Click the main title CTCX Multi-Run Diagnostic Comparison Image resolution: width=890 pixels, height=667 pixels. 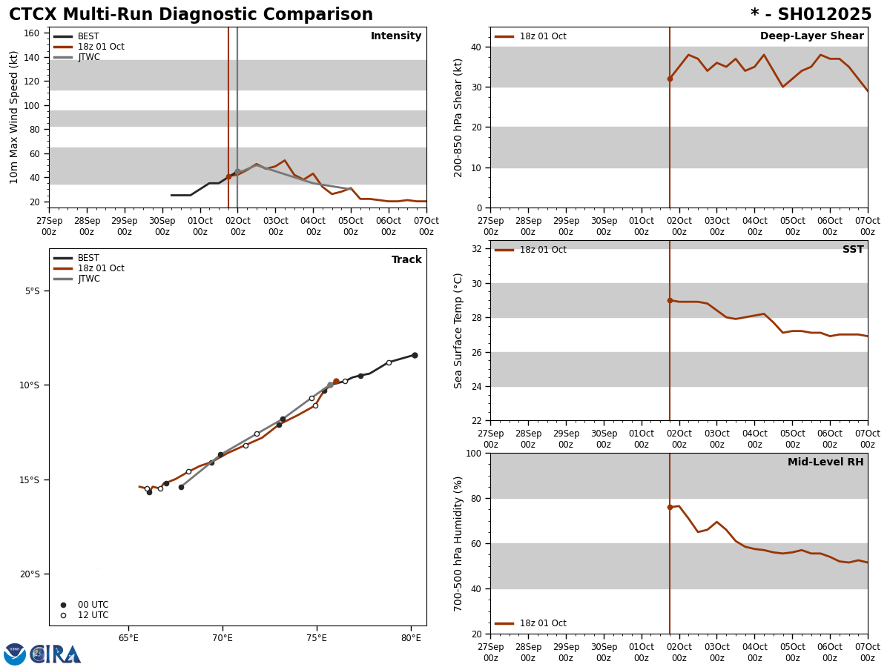pos(191,15)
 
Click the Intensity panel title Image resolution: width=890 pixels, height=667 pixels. pos(396,36)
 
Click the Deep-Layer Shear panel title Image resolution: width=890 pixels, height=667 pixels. pos(811,36)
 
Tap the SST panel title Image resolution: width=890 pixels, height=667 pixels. pos(853,250)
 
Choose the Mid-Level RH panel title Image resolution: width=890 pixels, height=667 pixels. pos(825,462)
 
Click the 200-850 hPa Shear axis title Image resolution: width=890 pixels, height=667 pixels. pos(458,117)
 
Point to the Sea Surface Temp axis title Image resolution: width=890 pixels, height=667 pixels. pos(458,331)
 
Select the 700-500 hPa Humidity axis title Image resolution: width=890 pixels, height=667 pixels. pos(458,543)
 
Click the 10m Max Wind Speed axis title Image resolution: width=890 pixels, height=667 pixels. pos(14,117)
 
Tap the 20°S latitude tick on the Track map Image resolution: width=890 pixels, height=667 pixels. pos(30,574)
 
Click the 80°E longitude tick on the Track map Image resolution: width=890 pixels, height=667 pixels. pos(411,638)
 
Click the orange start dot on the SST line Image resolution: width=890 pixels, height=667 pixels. pos(670,300)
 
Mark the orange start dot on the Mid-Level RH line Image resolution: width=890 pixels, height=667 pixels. pos(670,507)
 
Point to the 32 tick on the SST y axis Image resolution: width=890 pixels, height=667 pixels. pos(478,249)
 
